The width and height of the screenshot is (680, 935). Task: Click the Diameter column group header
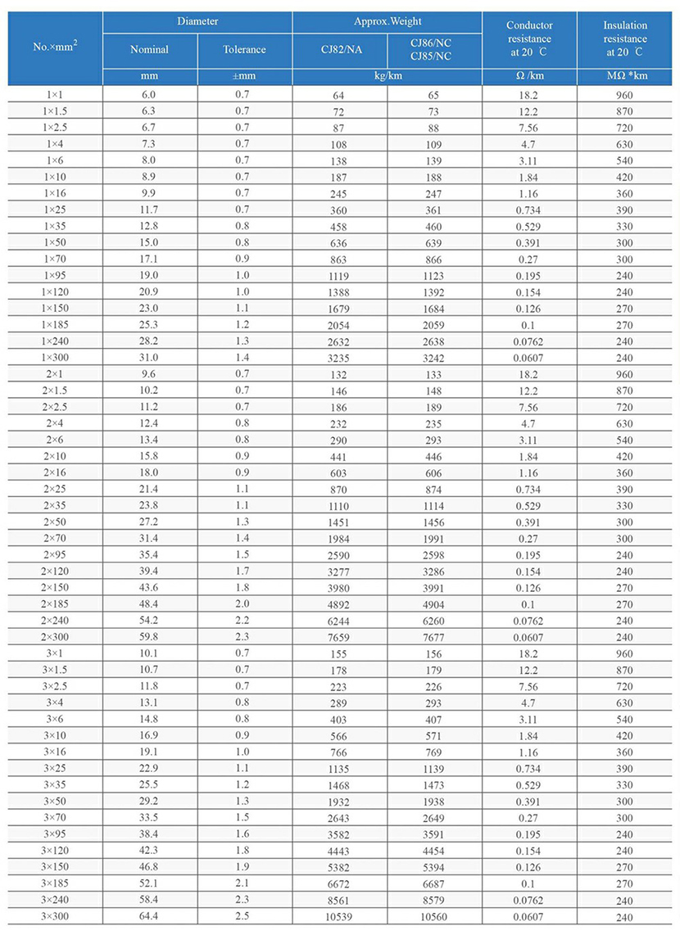[x=197, y=22]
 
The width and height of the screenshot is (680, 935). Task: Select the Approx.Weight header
[x=388, y=22]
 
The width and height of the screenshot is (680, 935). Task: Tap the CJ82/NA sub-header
[x=339, y=50]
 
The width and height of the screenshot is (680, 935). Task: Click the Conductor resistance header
[x=529, y=38]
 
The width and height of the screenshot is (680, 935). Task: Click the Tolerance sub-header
[x=244, y=50]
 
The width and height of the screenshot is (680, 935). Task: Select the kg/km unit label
[x=387, y=76]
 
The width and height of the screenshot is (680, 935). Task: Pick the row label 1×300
[x=56, y=358]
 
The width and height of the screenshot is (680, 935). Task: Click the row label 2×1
[x=56, y=374]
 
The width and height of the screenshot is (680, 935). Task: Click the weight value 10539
[x=339, y=916]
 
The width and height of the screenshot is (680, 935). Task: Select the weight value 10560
[x=433, y=916]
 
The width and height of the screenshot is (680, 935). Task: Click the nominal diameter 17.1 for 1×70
[x=149, y=260]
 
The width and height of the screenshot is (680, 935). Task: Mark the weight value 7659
[x=339, y=638]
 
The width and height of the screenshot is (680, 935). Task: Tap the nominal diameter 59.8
[x=149, y=636]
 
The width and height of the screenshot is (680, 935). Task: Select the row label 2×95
[x=56, y=554]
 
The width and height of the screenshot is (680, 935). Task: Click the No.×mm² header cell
[x=56, y=47]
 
